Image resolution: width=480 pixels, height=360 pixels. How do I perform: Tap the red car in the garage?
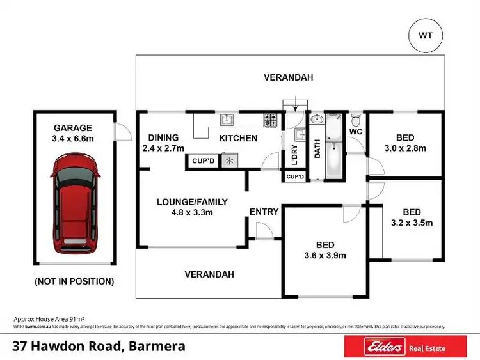[76, 206]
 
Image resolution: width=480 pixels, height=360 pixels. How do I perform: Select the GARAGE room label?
[73, 128]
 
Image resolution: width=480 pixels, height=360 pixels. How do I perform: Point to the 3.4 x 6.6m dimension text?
[73, 138]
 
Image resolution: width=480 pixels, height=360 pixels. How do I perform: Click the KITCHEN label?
[239, 138]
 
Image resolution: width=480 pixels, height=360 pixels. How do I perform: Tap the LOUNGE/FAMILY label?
[193, 202]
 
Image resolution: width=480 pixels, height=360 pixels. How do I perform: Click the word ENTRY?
[264, 212]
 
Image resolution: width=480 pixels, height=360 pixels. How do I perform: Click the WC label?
[356, 132]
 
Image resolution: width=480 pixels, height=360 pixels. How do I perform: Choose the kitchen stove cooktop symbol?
[270, 118]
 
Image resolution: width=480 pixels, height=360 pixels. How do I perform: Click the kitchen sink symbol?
[227, 118]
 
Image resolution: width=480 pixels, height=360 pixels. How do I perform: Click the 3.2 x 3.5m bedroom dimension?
[412, 223]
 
